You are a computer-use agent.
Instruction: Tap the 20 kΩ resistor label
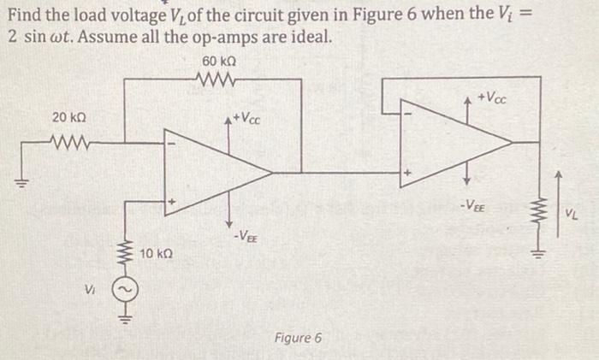tap(68, 116)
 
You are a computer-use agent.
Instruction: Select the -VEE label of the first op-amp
tap(245, 237)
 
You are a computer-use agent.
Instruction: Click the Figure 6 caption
tap(298, 338)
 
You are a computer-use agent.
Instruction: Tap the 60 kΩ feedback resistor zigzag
tap(219, 80)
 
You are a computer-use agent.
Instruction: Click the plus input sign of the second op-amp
tap(409, 174)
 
